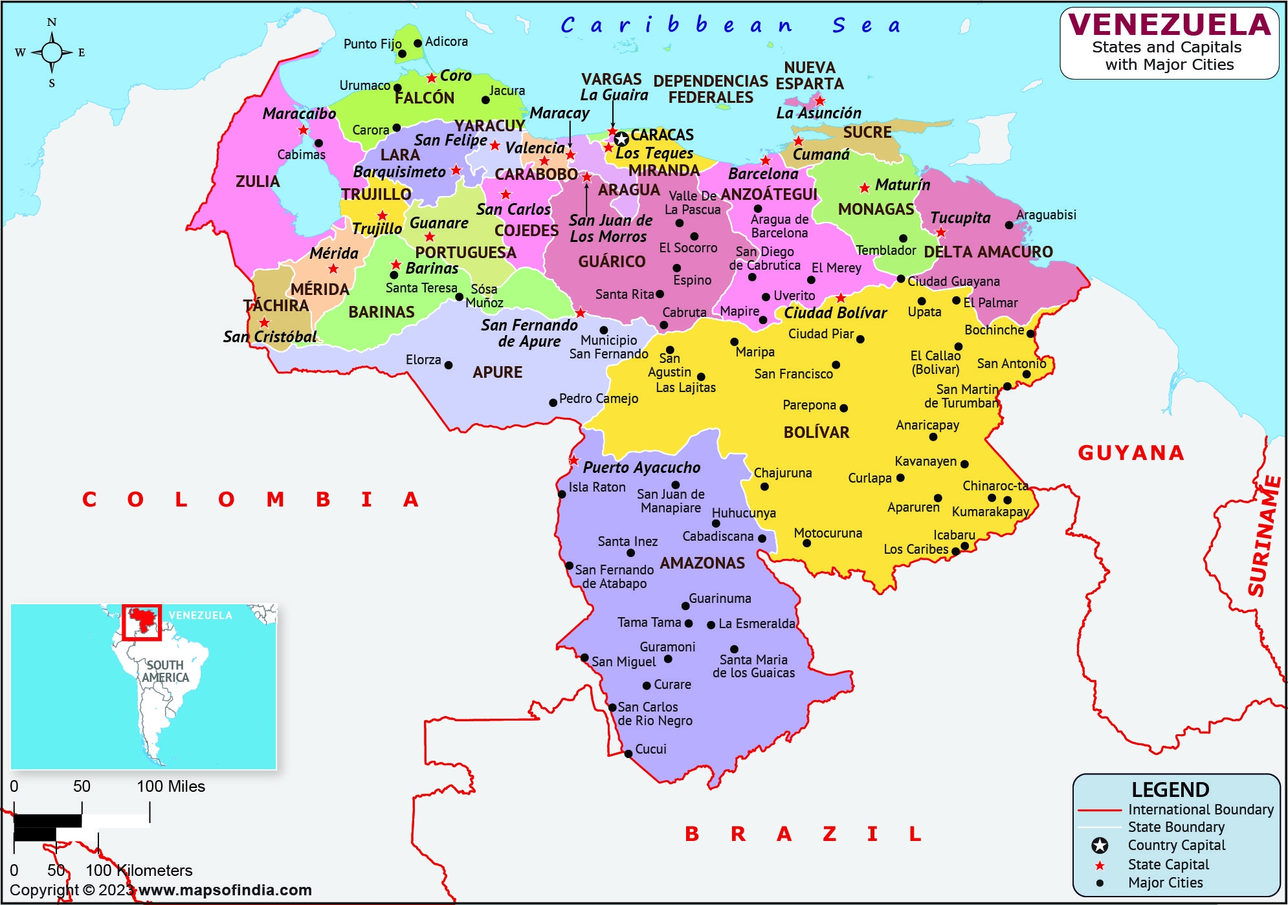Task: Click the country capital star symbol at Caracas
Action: point(621,139)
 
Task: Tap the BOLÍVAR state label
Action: point(816,432)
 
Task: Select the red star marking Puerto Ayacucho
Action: point(573,461)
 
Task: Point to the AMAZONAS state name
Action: point(702,563)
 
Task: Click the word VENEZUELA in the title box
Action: point(1170,25)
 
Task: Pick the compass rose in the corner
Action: point(52,52)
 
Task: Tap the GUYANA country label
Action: point(1131,453)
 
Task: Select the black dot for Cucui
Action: point(628,754)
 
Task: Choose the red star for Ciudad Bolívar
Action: point(840,298)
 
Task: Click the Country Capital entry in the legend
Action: point(1176,845)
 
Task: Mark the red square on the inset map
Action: point(142,622)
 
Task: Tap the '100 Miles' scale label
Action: point(170,786)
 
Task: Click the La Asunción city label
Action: point(818,113)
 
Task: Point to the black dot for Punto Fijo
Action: point(402,54)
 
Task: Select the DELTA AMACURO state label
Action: point(988,252)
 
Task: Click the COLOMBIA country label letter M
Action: point(275,499)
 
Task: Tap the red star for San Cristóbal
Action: point(264,322)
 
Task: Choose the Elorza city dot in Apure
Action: point(449,365)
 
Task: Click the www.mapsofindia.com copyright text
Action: point(225,890)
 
